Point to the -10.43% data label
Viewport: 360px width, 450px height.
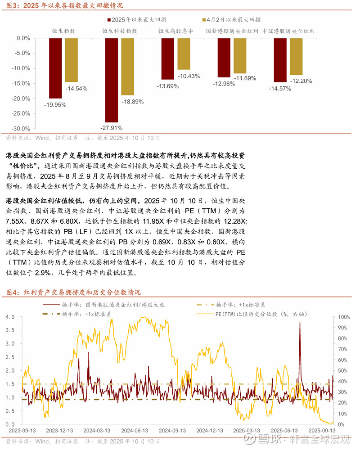coord(189,76)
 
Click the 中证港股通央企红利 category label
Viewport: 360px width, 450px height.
coord(288,31)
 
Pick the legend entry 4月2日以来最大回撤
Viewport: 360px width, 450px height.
coord(233,19)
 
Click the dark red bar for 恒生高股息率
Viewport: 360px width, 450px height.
coord(168,59)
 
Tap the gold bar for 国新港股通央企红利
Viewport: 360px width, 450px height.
coord(240,56)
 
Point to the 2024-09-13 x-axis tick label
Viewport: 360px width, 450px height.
coord(172,430)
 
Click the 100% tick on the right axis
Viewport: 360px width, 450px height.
coord(344,317)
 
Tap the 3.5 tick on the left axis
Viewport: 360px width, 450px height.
coord(10,330)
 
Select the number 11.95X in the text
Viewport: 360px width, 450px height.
coord(155,221)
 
